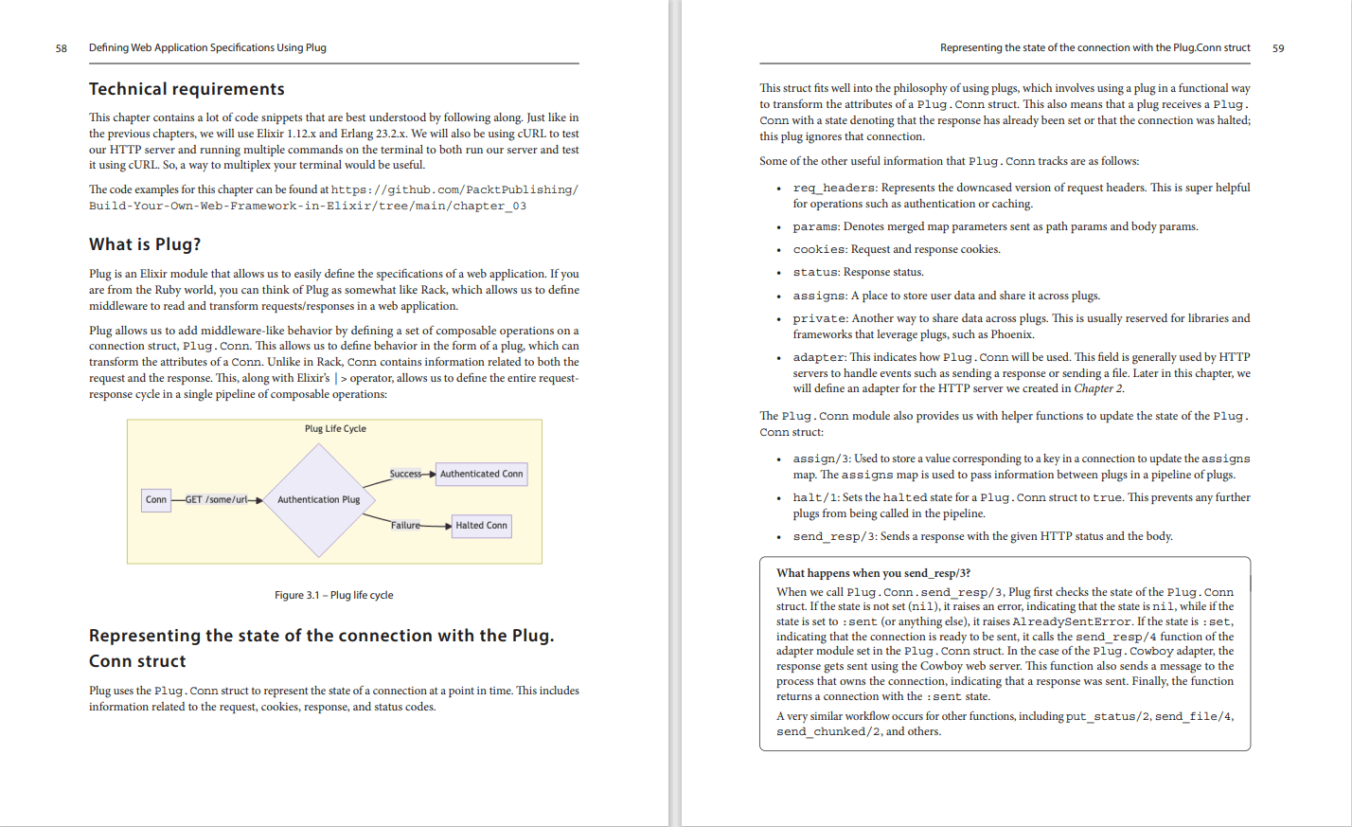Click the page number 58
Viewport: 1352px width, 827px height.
pyautogui.click(x=62, y=48)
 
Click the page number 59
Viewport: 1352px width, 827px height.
pyautogui.click(x=1278, y=48)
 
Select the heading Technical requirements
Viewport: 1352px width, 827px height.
pyautogui.click(x=187, y=89)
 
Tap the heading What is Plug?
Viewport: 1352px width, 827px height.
pyautogui.click(x=145, y=244)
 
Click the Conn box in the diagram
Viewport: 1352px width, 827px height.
pyautogui.click(x=156, y=499)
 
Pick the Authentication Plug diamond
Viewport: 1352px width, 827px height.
pyautogui.click(x=319, y=499)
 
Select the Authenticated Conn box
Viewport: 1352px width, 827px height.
pyautogui.click(x=481, y=474)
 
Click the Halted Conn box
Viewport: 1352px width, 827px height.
pyautogui.click(x=481, y=525)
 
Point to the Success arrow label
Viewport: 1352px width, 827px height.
pyautogui.click(x=405, y=474)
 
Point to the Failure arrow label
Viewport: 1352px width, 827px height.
pyautogui.click(x=405, y=525)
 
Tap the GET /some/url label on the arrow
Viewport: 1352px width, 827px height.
pyautogui.click(x=216, y=499)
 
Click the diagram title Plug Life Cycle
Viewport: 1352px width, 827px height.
pyautogui.click(x=335, y=429)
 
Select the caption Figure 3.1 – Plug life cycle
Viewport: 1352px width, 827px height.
pyautogui.click(x=333, y=595)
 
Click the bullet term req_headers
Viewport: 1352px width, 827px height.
pyautogui.click(x=833, y=189)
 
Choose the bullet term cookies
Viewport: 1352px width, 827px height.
pyautogui.click(x=819, y=250)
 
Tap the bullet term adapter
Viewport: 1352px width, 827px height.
pyautogui.click(x=818, y=358)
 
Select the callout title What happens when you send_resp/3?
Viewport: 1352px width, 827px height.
pyautogui.click(x=873, y=573)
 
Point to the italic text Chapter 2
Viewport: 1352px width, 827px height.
pyautogui.click(x=1097, y=388)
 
